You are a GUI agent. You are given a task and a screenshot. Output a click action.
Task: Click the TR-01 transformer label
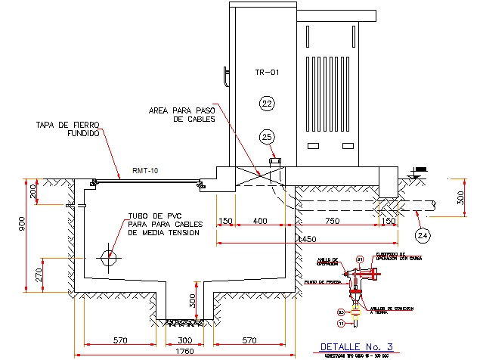tap(268, 73)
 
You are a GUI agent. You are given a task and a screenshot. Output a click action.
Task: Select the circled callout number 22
tap(267, 103)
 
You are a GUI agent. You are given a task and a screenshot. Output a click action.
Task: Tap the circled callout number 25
tap(267, 136)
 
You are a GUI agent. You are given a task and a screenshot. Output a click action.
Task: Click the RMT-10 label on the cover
tap(145, 171)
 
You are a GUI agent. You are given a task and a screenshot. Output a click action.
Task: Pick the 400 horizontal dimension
tap(260, 221)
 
